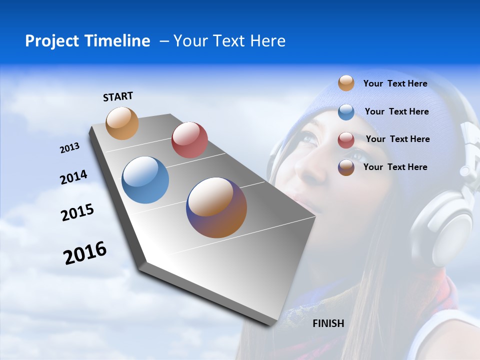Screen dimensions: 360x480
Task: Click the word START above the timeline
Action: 118,96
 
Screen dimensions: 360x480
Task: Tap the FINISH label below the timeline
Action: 328,323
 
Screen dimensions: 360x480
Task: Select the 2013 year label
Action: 69,148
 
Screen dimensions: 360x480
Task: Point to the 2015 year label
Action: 77,212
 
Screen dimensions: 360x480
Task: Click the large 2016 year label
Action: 85,253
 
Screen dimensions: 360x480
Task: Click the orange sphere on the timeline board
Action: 122,123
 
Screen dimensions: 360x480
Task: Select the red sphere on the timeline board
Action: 189,140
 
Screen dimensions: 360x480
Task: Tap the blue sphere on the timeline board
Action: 145,180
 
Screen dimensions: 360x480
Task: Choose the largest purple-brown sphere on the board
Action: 216,207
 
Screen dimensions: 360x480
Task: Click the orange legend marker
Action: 346,83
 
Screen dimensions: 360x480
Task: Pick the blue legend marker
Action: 346,112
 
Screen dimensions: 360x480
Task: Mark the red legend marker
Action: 346,140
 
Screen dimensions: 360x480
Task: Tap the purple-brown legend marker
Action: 346,167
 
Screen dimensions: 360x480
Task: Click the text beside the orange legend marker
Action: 395,84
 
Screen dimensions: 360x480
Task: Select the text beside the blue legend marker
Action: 396,111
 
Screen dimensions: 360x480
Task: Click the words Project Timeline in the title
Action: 87,41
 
